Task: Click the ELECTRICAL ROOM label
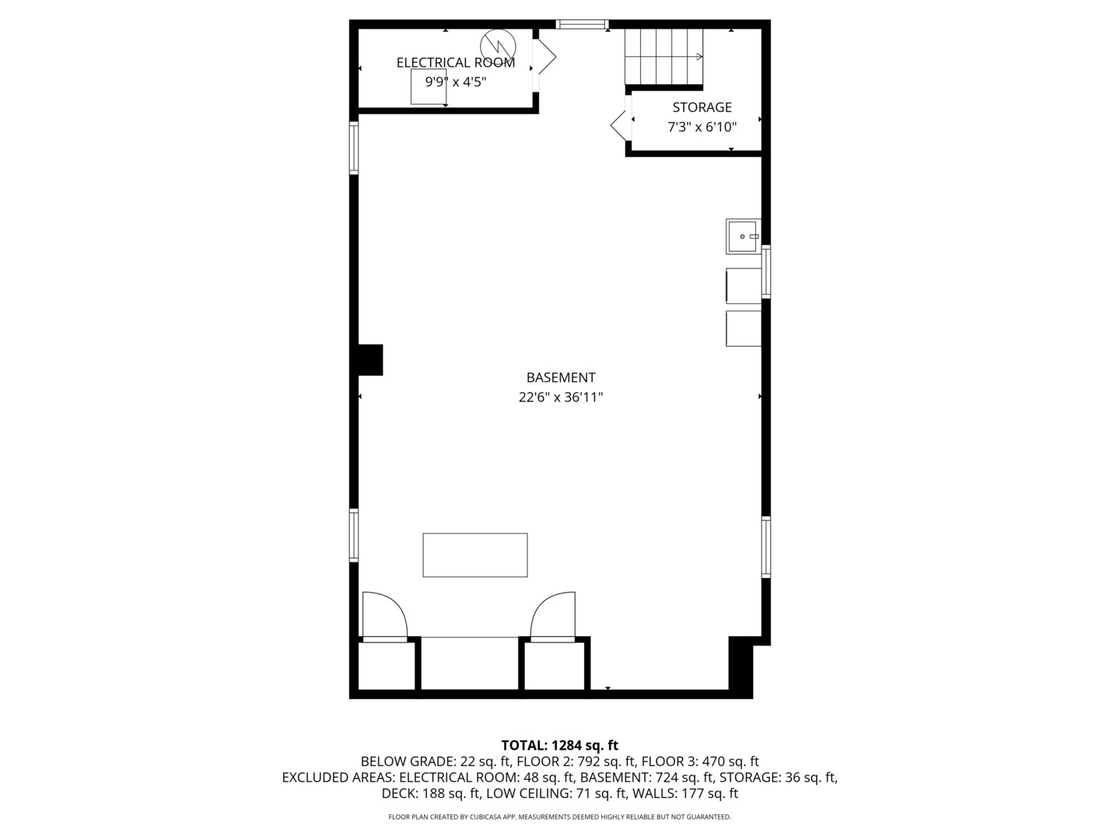455,63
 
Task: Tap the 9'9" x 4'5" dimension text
455,82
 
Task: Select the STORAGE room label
702,107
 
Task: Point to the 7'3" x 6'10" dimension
702,127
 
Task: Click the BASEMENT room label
561,377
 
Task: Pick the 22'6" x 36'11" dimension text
561,397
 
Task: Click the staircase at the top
663,57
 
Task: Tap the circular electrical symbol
497,44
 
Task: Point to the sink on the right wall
743,236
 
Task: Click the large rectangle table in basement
474,555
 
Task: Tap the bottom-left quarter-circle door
385,616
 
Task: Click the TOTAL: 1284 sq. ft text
559,746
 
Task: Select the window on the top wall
582,25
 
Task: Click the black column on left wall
369,359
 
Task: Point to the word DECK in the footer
399,794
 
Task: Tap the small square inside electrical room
429,86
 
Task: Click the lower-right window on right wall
766,548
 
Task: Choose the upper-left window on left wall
354,148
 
